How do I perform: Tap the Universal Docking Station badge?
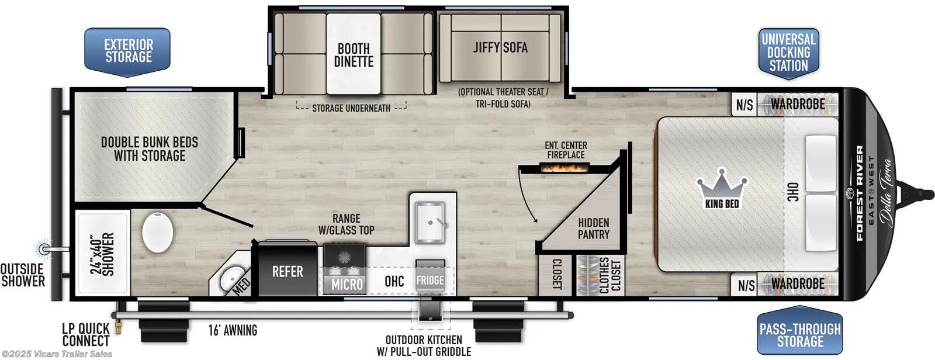pyautogui.click(x=788, y=52)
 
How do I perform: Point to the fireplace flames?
pyautogui.click(x=565, y=168)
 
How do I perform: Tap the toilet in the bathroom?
pyautogui.click(x=157, y=232)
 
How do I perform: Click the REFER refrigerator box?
pyautogui.click(x=287, y=272)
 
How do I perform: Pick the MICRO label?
pyautogui.click(x=347, y=285)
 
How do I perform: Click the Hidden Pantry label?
pyautogui.click(x=593, y=229)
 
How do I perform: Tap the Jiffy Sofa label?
pyautogui.click(x=500, y=48)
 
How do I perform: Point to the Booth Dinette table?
pyautogui.click(x=354, y=54)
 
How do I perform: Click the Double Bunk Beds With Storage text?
pyautogui.click(x=150, y=149)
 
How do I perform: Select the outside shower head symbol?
pyautogui.click(x=44, y=249)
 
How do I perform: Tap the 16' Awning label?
pyautogui.click(x=233, y=330)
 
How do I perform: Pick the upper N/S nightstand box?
pyautogui.click(x=744, y=105)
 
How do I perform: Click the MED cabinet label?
pyautogui.click(x=241, y=285)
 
